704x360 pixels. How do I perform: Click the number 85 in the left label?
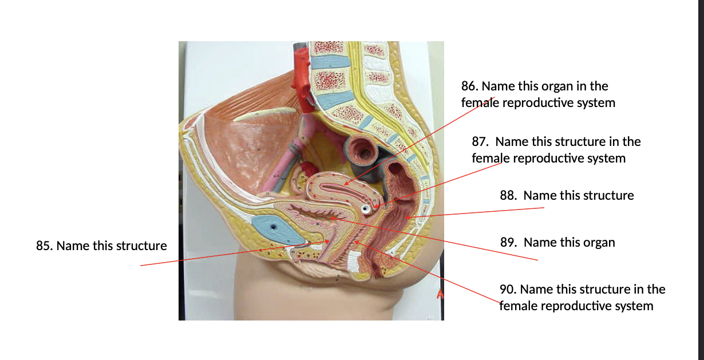pyautogui.click(x=44, y=246)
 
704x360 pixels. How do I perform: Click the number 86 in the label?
pyautogui.click(x=469, y=86)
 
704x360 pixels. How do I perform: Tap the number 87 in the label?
pyautogui.click(x=480, y=142)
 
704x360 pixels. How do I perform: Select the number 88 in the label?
pyautogui.click(x=508, y=196)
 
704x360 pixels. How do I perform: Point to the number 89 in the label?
pyautogui.click(x=508, y=243)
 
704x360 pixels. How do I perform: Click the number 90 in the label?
pyautogui.click(x=508, y=289)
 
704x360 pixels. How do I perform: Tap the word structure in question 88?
pyautogui.click(x=579, y=196)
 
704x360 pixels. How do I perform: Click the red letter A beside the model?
pyautogui.click(x=440, y=294)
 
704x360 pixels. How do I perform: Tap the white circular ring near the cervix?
pyautogui.click(x=365, y=208)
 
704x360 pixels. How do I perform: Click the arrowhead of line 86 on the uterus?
pyautogui.click(x=346, y=183)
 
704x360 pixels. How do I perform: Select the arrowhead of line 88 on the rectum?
pyautogui.click(x=408, y=217)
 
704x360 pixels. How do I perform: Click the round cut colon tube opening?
pyautogui.click(x=362, y=151)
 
